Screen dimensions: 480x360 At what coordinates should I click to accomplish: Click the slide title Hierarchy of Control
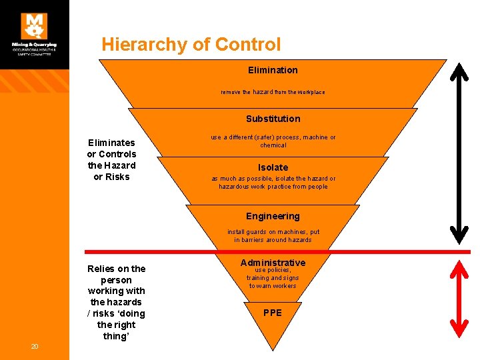[191, 45]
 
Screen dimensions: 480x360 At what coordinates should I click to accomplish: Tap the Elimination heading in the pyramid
[273, 70]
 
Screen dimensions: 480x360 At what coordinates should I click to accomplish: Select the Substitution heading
[273, 119]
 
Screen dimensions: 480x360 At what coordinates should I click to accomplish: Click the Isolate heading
[273, 167]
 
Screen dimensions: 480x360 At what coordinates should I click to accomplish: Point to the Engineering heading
[273, 216]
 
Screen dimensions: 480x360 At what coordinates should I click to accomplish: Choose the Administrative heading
[273, 263]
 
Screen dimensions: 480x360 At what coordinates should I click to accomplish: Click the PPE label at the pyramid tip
[273, 313]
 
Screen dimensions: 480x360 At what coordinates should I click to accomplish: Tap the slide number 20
[35, 346]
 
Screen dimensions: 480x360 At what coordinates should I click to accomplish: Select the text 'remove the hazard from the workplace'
[273, 92]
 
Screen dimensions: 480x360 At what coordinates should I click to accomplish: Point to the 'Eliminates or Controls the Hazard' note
[112, 159]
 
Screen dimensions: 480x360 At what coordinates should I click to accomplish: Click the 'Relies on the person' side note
[116, 302]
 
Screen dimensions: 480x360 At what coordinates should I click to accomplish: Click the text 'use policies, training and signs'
[273, 278]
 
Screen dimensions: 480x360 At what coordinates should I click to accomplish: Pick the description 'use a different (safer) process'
[273, 141]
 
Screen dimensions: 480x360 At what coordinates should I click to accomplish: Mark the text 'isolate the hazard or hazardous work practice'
[273, 183]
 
